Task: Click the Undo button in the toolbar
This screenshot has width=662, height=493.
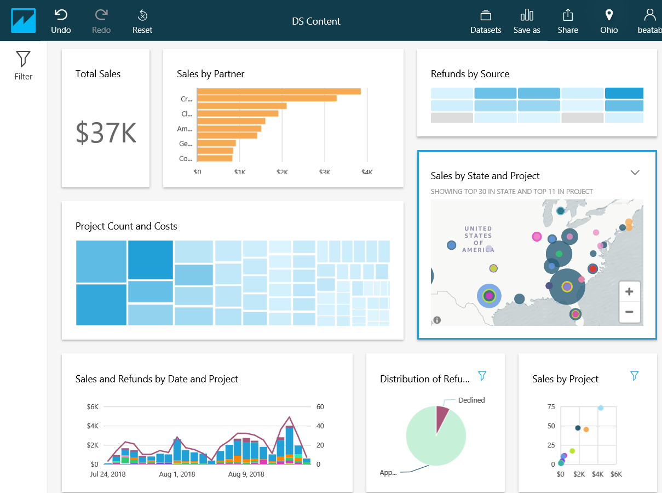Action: click(x=61, y=21)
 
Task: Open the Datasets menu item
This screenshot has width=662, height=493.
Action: click(x=486, y=21)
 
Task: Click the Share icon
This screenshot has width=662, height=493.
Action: click(x=568, y=21)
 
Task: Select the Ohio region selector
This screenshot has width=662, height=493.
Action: click(x=608, y=21)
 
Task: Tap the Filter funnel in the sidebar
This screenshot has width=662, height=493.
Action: click(x=23, y=65)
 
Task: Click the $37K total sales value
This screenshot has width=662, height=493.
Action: click(x=106, y=133)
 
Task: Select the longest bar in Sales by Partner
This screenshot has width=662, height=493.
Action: click(x=279, y=91)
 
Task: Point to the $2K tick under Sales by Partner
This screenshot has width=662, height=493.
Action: click(x=282, y=172)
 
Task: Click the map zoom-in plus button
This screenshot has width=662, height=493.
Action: click(x=629, y=291)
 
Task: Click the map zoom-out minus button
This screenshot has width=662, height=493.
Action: click(x=629, y=312)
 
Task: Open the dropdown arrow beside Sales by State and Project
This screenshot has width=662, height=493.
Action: click(x=635, y=173)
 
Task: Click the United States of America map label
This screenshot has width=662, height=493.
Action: click(x=478, y=239)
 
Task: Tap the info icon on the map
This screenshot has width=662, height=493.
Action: click(x=437, y=320)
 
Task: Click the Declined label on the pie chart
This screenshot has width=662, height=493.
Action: click(x=471, y=400)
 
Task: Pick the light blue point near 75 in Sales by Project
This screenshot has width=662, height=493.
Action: click(x=601, y=408)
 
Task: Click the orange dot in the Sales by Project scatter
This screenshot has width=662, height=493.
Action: click(x=586, y=429)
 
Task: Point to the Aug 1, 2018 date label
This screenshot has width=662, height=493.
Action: click(x=177, y=474)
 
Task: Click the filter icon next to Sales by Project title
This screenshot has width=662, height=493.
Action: click(x=634, y=376)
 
